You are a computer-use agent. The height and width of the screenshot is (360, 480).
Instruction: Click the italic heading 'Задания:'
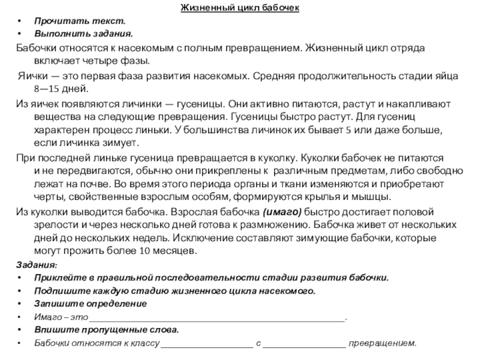tap(37, 264)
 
